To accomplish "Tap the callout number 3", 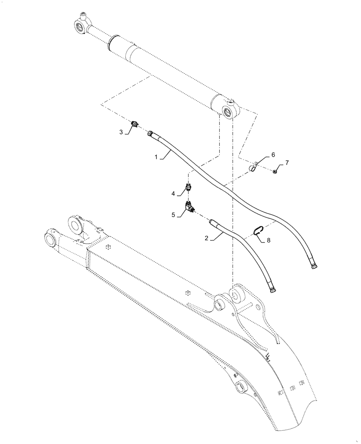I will click(120, 132).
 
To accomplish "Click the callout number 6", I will click(273, 154).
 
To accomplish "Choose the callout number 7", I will click(287, 163).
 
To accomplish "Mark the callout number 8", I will click(268, 240).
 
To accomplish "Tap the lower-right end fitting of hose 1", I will click(315, 266).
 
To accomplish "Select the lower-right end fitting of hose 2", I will click(272, 290).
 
